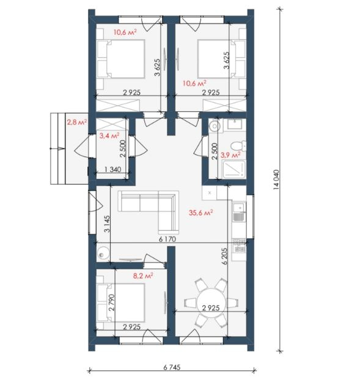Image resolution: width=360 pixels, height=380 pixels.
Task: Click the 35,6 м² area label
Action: [200, 213]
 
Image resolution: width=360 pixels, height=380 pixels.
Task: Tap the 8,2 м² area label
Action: [143, 276]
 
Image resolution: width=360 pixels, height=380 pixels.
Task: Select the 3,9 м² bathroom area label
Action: [230, 155]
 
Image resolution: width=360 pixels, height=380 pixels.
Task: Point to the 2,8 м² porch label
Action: [76, 122]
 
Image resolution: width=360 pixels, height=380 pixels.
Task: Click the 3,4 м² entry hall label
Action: [109, 136]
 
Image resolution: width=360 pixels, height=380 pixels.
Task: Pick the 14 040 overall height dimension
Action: [276, 180]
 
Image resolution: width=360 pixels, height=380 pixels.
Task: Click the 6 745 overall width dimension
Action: [172, 367]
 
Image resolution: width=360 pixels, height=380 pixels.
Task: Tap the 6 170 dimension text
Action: [167, 239]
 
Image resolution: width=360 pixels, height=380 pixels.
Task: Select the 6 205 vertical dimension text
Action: [224, 256]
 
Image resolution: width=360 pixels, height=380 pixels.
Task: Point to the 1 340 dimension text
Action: [113, 169]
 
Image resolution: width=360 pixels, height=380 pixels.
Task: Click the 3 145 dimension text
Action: [107, 224]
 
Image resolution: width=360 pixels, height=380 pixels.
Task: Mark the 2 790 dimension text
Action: [111, 302]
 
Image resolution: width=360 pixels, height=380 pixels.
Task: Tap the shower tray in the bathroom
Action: [234, 169]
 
